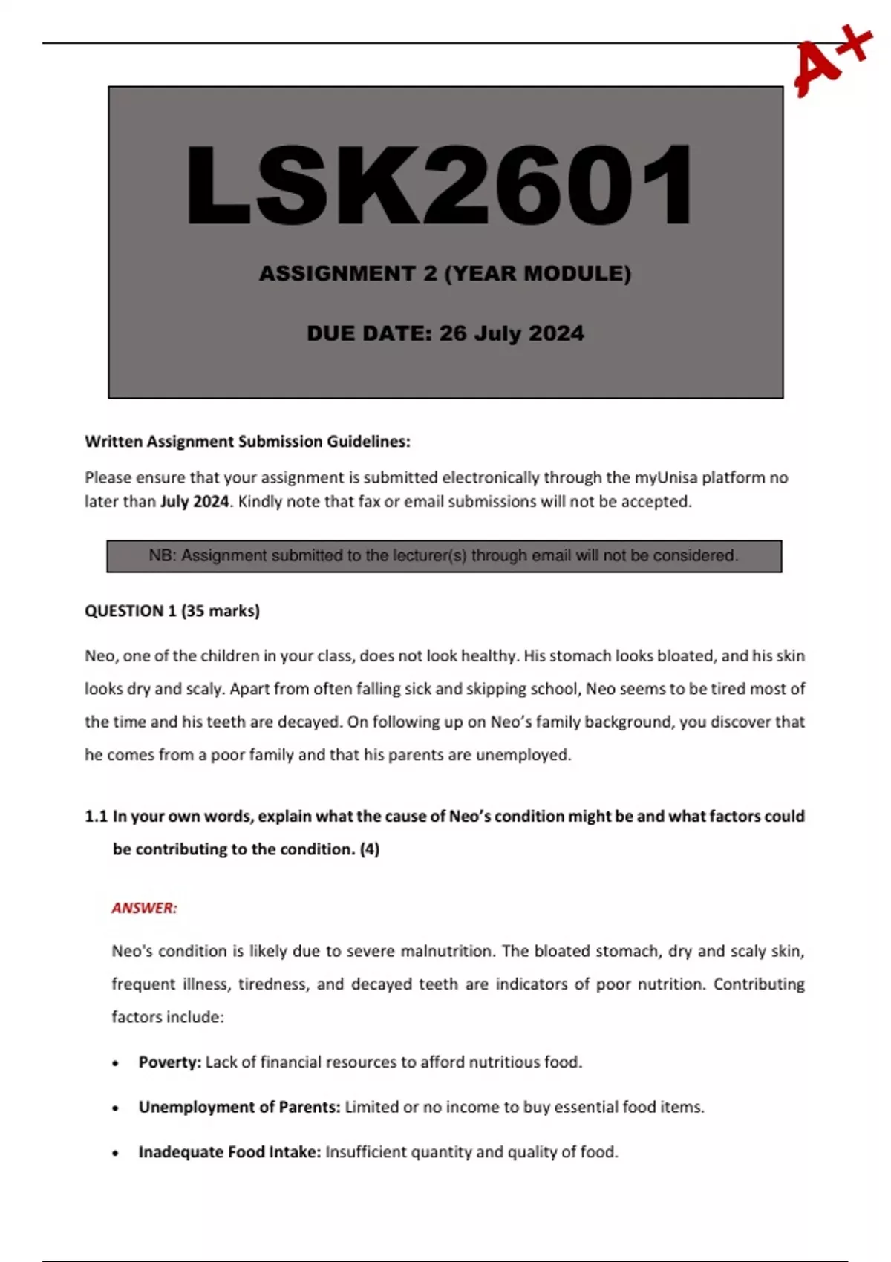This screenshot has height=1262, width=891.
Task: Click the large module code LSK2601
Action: tap(440, 186)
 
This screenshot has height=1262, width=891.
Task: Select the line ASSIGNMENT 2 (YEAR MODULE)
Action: tap(445, 274)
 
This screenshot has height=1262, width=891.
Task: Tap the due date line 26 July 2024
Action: tap(445, 333)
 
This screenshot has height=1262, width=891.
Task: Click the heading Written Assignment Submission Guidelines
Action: tap(247, 442)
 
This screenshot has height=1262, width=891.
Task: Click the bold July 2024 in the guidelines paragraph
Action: tap(195, 502)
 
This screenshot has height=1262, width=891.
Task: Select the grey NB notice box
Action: tap(444, 556)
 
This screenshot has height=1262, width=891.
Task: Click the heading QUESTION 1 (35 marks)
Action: tap(172, 611)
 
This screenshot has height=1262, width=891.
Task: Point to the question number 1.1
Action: tap(97, 817)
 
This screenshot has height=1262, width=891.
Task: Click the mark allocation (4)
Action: tap(369, 849)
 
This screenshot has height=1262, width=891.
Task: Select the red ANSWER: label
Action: tap(144, 908)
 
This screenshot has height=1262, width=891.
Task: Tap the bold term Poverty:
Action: tap(170, 1062)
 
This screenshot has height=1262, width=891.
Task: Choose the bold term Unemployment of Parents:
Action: tap(239, 1108)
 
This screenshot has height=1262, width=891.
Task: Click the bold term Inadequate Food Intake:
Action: tap(229, 1152)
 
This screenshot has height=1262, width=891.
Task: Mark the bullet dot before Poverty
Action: tap(115, 1064)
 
